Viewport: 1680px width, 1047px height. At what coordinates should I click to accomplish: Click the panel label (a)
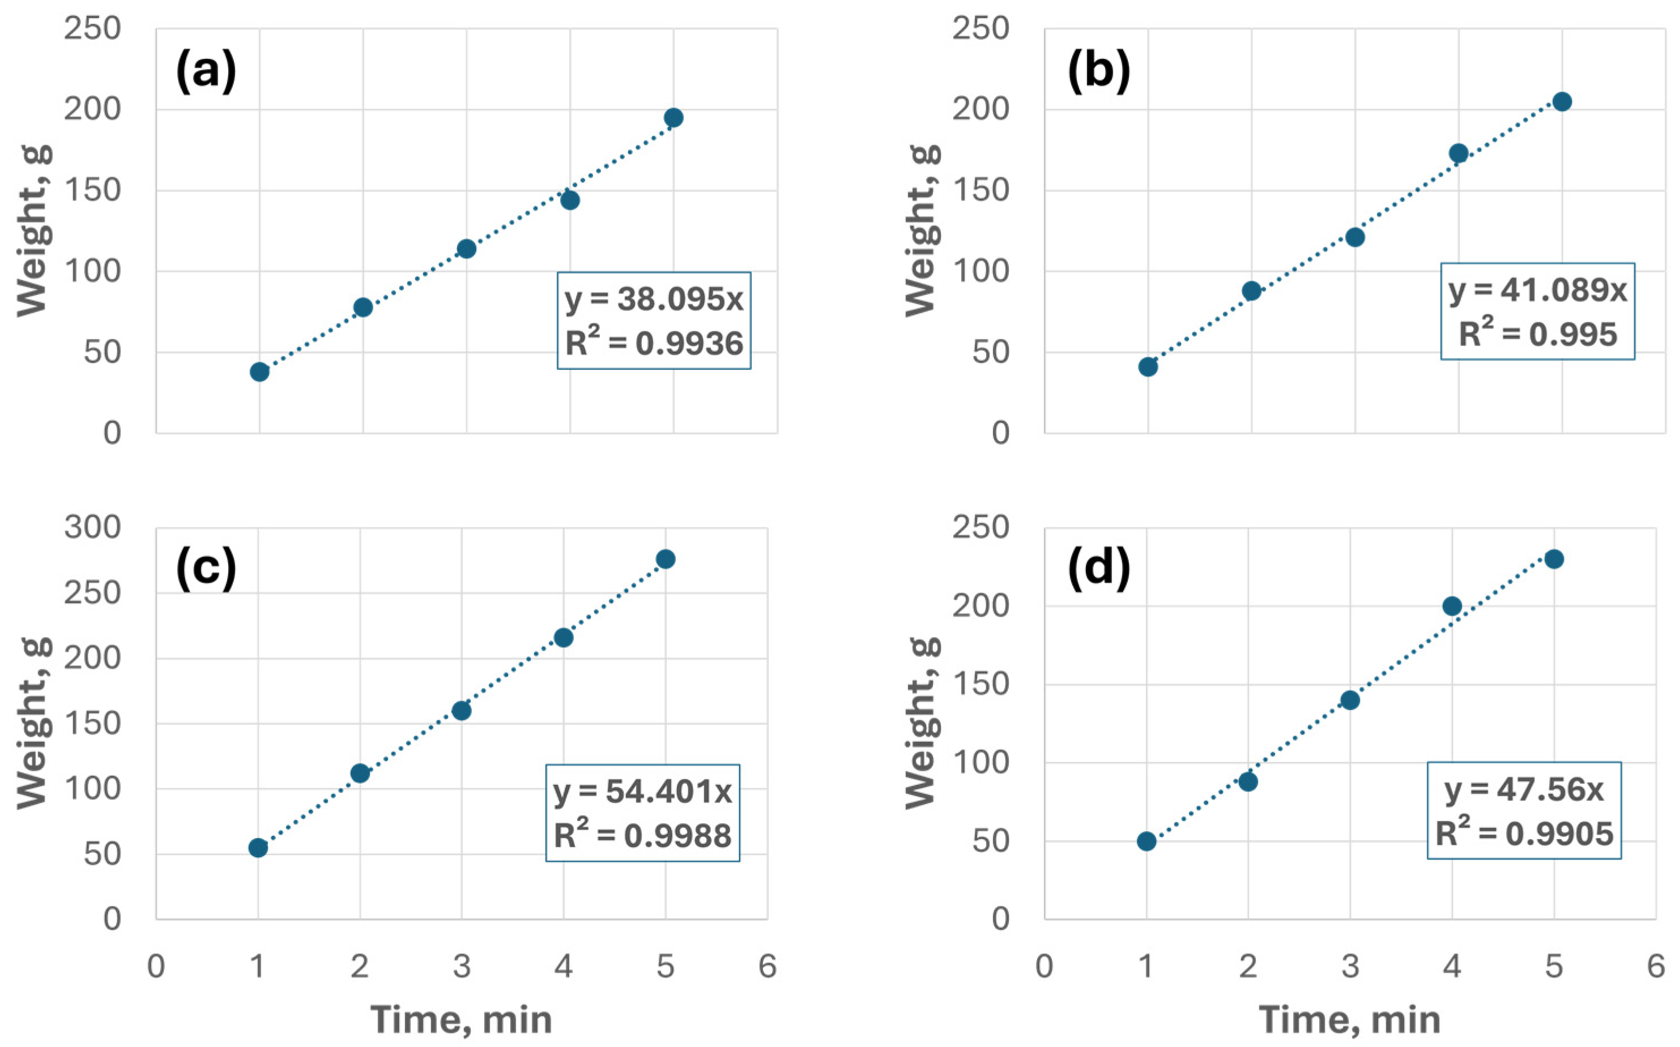pyautogui.click(x=206, y=71)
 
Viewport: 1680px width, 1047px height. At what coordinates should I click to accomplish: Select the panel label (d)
pyautogui.click(x=1099, y=568)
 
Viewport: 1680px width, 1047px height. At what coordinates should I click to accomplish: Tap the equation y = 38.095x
pyautogui.click(x=654, y=298)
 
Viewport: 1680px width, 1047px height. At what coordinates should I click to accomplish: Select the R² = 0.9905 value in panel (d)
pyautogui.click(x=1524, y=833)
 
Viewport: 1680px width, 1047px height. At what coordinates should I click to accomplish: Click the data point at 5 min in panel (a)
pyautogui.click(x=673, y=118)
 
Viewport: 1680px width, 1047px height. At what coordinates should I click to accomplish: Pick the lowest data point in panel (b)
pyautogui.click(x=1148, y=367)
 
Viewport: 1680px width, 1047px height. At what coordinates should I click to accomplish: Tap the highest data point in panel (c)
pyautogui.click(x=666, y=559)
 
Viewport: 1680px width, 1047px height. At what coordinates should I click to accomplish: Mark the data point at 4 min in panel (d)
pyautogui.click(x=1452, y=606)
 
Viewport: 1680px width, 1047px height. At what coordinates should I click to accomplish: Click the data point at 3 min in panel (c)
pyautogui.click(x=461, y=711)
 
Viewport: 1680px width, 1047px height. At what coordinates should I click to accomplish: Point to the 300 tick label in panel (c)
pyautogui.click(x=92, y=528)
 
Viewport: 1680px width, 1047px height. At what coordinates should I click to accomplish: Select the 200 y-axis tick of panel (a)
pyautogui.click(x=92, y=109)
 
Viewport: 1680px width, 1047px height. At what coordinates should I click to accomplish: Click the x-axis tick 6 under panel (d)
pyautogui.click(x=1655, y=966)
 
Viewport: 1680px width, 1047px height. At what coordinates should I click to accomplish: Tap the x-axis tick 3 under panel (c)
pyautogui.click(x=461, y=966)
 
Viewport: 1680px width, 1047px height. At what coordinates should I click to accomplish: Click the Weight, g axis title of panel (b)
pyautogui.click(x=922, y=230)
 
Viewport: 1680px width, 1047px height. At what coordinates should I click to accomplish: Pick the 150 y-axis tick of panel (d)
pyautogui.click(x=980, y=684)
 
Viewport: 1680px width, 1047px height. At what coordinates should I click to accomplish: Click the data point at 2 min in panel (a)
pyautogui.click(x=363, y=307)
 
